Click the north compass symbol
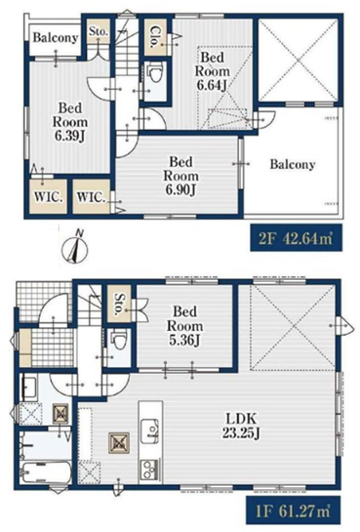tap(74, 248)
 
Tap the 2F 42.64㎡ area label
tap(296, 237)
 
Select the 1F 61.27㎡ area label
tap(294, 511)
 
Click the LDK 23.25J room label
tap(241, 425)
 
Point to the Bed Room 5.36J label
tap(184, 326)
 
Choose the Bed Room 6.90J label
tap(181, 176)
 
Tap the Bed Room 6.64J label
tap(212, 71)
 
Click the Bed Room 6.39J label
tap(70, 121)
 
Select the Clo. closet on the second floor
tap(155, 37)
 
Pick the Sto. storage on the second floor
tap(98, 31)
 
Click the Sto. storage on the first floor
tap(119, 305)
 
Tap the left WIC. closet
tap(48, 196)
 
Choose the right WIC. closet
tap(92, 196)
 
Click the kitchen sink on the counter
tap(150, 431)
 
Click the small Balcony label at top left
tap(56, 37)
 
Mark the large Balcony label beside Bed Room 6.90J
tap(293, 165)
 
